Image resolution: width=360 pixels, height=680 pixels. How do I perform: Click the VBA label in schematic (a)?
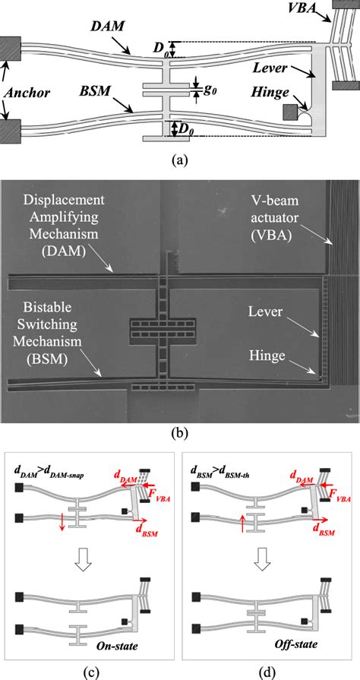click(x=312, y=12)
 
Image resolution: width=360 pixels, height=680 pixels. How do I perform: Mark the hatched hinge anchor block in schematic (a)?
click(x=290, y=112)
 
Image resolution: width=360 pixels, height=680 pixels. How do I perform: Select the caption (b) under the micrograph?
click(x=180, y=434)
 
